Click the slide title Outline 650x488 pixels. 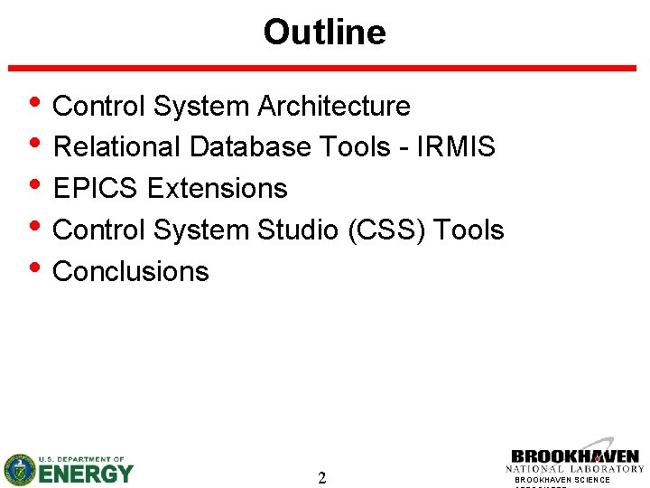pos(324,33)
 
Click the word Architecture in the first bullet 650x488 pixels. pos(334,107)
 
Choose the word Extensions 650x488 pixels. pos(217,189)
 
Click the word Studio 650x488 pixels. pos(298,230)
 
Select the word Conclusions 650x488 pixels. pos(131,272)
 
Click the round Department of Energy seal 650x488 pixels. pos(19,469)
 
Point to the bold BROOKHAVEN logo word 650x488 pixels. pos(574,456)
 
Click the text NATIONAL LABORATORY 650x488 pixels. pos(574,469)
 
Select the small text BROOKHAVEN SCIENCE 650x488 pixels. pos(562,480)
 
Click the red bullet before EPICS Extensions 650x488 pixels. pos(34,187)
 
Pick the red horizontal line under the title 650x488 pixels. pos(323,69)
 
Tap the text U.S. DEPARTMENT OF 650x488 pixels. pos(80,459)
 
